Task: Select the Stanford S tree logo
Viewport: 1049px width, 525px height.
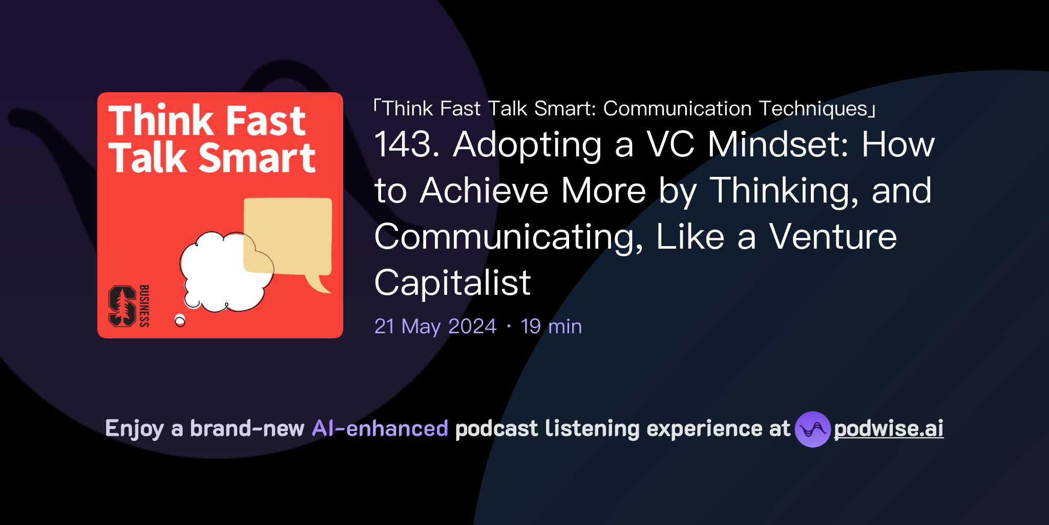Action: (122, 306)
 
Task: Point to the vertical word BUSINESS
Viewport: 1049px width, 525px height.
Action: (144, 306)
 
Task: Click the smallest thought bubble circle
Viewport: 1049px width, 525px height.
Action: (180, 321)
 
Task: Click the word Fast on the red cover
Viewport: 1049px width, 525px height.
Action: (266, 121)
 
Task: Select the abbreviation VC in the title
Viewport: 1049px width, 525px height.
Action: (670, 144)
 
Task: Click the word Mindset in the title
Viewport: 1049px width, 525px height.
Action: (778, 144)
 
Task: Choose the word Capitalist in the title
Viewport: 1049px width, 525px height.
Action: (452, 282)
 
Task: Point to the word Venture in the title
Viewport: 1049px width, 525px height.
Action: (833, 237)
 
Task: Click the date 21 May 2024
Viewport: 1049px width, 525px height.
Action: (435, 326)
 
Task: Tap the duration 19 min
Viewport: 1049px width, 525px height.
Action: (551, 326)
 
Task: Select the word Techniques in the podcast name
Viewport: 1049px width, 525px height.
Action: (813, 109)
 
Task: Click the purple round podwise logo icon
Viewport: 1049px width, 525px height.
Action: (812, 429)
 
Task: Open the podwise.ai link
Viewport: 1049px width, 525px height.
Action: (889, 429)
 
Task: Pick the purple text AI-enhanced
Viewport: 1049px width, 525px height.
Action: (380, 429)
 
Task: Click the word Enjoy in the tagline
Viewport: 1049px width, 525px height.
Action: (134, 429)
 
